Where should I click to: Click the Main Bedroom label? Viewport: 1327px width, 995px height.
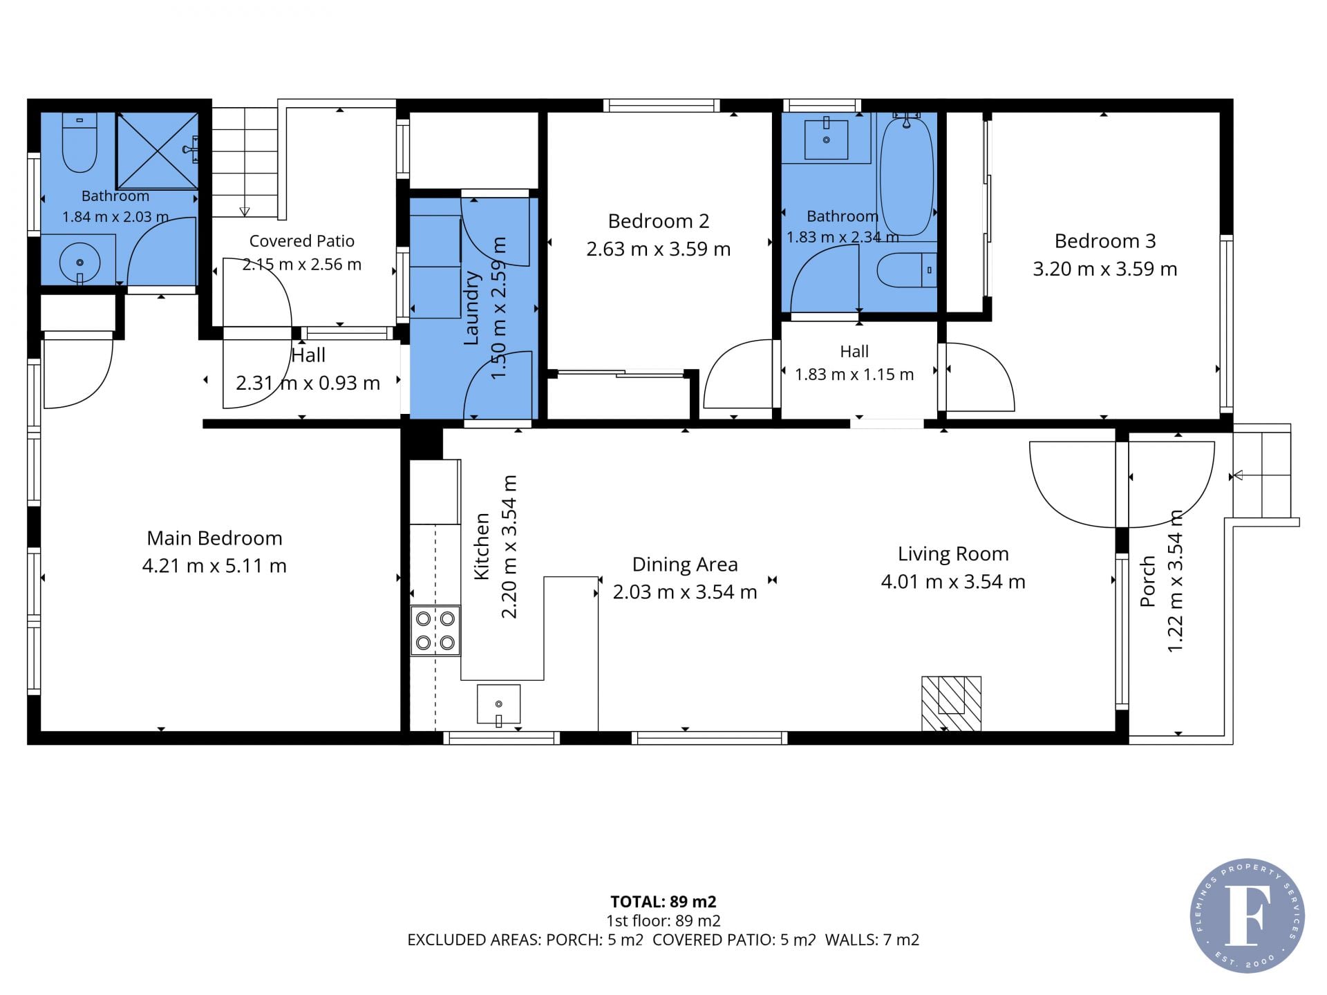tap(214, 538)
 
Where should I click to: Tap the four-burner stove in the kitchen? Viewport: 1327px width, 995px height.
tap(435, 630)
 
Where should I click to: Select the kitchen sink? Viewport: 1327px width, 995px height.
tap(498, 704)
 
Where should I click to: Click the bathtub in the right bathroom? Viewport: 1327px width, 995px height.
tap(906, 176)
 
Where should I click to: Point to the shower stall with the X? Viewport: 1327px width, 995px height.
tap(157, 151)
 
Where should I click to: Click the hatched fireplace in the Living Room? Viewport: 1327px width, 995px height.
tap(951, 703)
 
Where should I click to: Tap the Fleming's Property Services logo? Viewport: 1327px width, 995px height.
tap(1248, 916)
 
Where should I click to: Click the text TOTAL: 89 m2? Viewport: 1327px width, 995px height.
tap(663, 902)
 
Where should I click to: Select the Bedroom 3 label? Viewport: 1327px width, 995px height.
tap(1105, 240)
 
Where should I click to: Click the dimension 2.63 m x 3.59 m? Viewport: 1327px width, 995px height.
tap(659, 249)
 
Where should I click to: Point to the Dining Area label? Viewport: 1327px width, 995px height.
tap(685, 565)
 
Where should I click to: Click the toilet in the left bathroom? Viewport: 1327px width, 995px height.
tap(79, 143)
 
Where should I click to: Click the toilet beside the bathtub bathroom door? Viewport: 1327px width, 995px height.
tap(906, 270)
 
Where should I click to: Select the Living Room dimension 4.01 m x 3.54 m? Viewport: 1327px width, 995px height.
tap(953, 582)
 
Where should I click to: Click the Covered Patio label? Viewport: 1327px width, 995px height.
tap(302, 241)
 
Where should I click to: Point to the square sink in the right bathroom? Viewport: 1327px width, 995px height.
tap(827, 139)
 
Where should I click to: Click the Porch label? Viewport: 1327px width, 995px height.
tap(1147, 582)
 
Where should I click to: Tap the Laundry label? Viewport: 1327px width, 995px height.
tap(471, 308)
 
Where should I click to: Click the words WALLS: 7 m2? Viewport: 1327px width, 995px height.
tap(872, 940)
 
